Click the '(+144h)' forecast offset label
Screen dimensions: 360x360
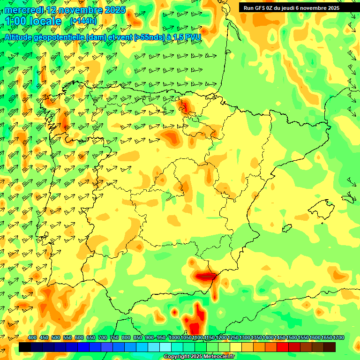coord(83,21)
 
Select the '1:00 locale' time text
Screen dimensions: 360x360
coord(34,21)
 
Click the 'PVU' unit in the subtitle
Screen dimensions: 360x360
coord(194,37)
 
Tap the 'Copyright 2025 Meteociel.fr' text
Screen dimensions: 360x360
coord(199,357)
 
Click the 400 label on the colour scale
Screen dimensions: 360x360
coord(32,338)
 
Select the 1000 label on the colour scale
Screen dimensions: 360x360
coord(174,338)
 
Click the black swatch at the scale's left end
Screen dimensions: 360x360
coord(25,347)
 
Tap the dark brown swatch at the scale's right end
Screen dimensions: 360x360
coord(330,347)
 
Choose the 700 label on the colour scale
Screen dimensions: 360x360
coord(103,338)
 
